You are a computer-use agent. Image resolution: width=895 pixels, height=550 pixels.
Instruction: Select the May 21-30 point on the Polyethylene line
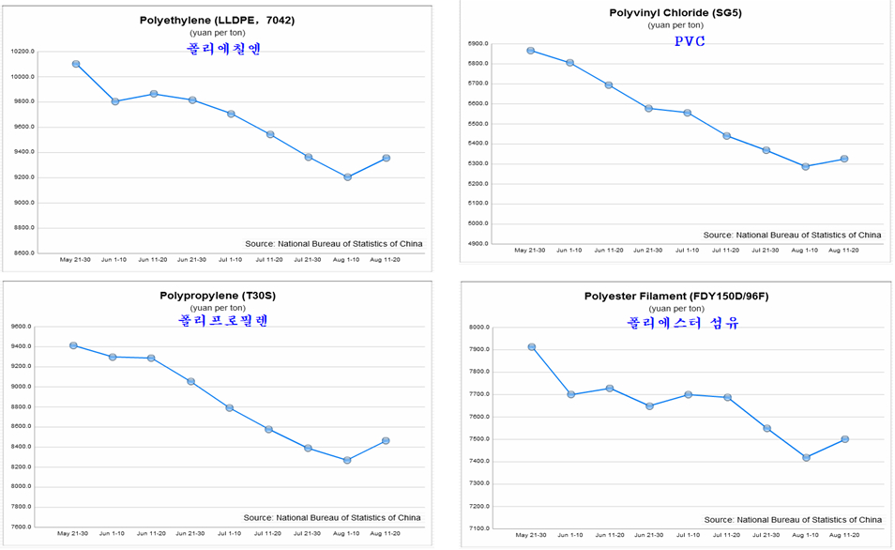(x=76, y=64)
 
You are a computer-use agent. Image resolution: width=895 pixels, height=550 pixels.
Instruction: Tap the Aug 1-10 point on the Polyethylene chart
(x=347, y=176)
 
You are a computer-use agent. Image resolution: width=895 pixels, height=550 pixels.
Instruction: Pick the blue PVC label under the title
(x=690, y=41)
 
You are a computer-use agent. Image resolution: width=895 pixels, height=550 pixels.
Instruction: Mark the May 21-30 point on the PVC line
(x=531, y=51)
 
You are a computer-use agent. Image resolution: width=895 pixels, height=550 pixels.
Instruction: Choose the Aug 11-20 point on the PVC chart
(x=844, y=159)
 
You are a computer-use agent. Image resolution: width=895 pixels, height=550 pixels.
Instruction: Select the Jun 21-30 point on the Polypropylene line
(x=190, y=381)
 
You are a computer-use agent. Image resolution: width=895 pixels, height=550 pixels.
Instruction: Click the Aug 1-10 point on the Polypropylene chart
(x=347, y=460)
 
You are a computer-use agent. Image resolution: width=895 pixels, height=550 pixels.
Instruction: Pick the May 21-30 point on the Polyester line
(x=532, y=347)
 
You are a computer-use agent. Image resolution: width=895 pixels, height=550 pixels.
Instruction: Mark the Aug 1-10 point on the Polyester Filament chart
(x=806, y=458)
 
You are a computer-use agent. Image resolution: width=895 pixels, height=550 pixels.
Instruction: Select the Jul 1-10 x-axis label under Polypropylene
(x=230, y=534)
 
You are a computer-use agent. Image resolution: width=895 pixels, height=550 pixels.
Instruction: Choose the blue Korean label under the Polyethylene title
(x=222, y=49)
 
